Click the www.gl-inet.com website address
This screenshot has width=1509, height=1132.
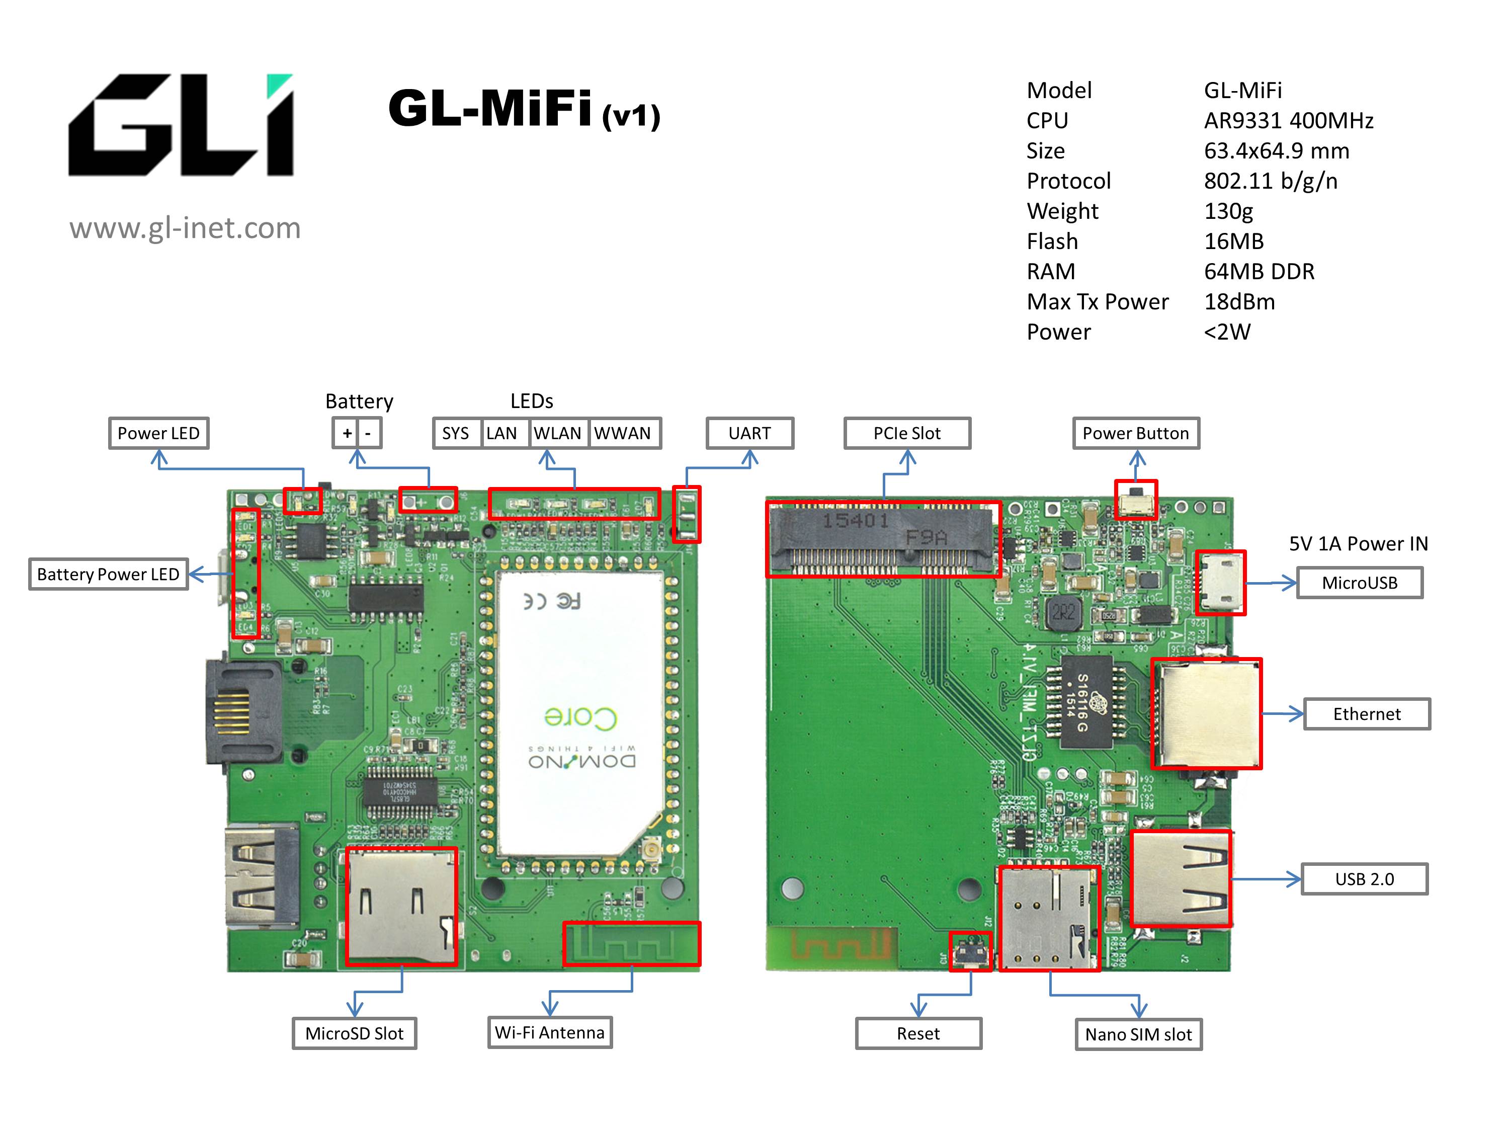click(x=185, y=228)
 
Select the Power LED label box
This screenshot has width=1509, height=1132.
click(x=158, y=433)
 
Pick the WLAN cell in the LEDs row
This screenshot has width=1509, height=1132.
click(x=557, y=433)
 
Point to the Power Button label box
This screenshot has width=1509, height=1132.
click(x=1135, y=433)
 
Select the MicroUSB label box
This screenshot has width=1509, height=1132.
click(x=1359, y=583)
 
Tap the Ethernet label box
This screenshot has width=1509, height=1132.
click(x=1367, y=714)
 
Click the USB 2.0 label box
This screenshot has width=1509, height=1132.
click(x=1364, y=879)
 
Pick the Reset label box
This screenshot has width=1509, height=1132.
click(x=918, y=1034)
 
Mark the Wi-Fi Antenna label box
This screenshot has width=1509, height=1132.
click(x=550, y=1032)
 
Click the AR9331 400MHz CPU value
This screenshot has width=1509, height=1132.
click(x=1288, y=121)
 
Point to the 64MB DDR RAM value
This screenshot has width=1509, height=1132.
click(x=1259, y=272)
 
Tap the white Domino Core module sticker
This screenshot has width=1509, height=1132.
click(x=580, y=709)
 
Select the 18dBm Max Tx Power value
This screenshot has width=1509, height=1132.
click(x=1239, y=301)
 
